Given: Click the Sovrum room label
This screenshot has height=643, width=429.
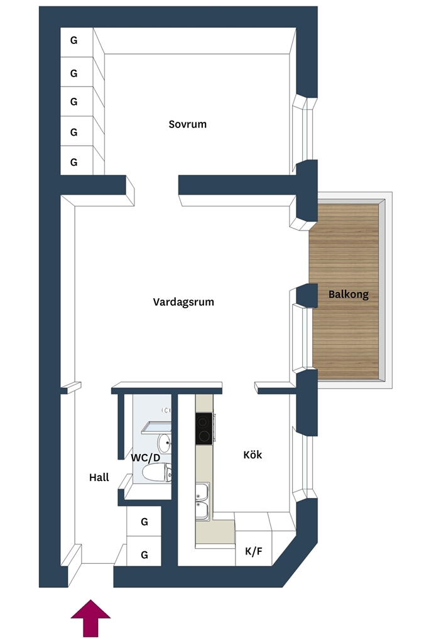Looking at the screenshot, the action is (187, 124).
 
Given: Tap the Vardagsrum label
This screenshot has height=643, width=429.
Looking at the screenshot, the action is (183, 302).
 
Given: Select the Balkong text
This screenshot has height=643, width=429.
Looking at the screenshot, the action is (349, 294).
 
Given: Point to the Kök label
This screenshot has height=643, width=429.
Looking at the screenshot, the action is (253, 455).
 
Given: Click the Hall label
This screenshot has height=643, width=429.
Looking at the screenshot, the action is (99, 477).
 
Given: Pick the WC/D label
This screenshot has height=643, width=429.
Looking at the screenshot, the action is (146, 458).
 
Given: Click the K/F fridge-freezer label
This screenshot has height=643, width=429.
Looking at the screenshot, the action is (254, 551).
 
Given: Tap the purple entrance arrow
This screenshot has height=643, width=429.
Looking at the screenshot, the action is (90, 618).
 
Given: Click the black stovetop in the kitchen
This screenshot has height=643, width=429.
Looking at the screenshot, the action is (204, 428).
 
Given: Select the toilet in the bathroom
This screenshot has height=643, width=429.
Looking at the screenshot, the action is (156, 472).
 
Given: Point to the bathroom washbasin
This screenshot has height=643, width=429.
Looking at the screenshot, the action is (165, 443).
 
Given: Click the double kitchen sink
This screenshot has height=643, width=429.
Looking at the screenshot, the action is (203, 502).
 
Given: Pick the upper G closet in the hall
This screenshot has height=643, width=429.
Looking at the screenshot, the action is (144, 521).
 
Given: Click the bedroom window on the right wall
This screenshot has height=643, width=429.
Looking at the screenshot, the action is (303, 131).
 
